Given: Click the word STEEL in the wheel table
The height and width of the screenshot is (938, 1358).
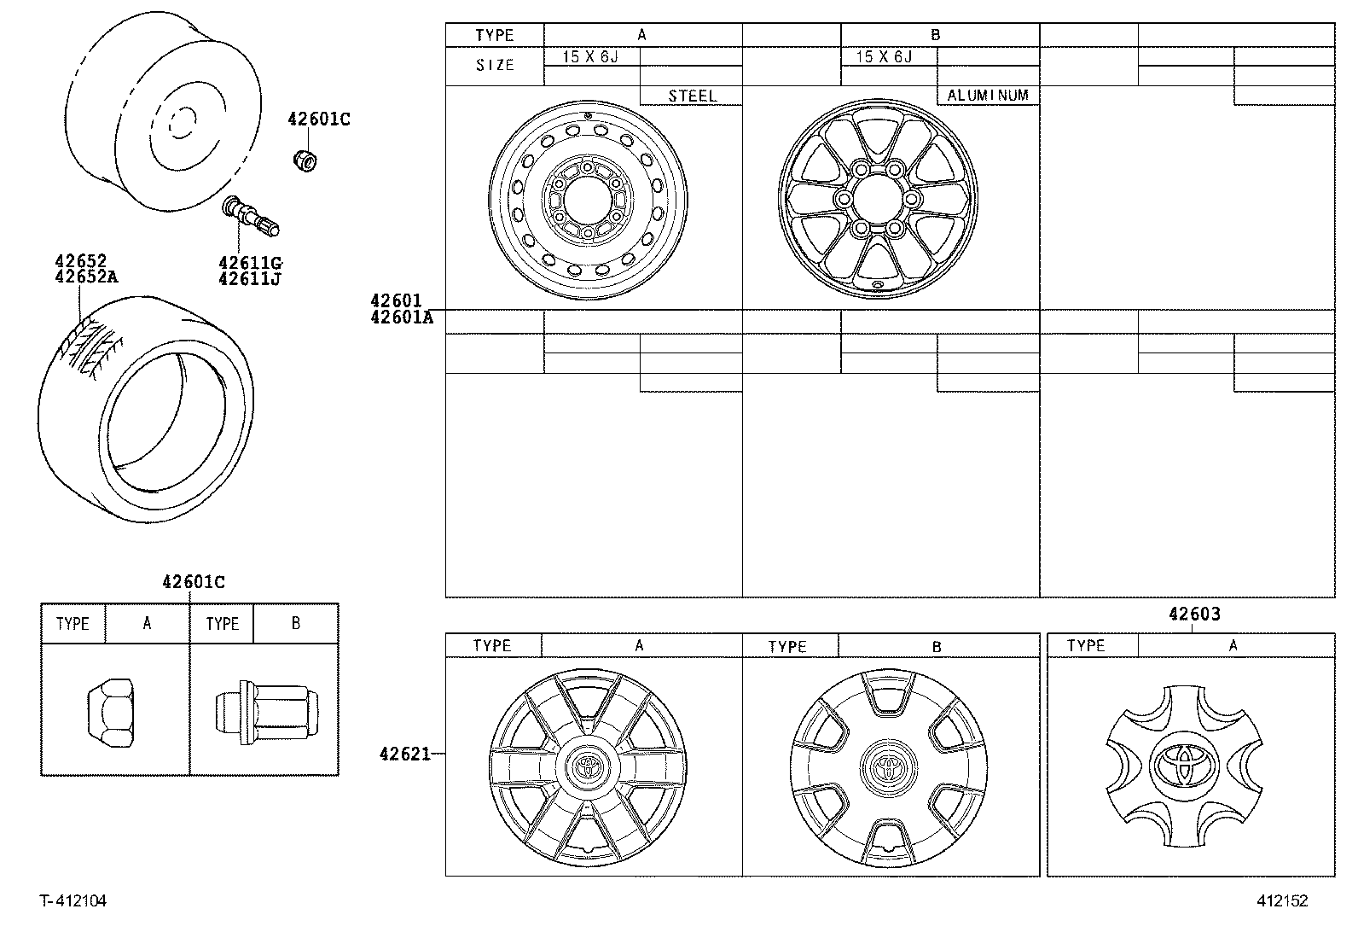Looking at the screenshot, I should (x=692, y=96).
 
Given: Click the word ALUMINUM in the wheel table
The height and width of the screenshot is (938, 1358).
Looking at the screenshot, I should (x=988, y=96).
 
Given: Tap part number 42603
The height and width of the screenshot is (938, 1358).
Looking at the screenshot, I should (x=1193, y=614).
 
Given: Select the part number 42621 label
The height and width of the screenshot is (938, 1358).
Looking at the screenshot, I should (x=404, y=754).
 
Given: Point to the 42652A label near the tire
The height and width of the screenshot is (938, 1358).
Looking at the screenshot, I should (x=87, y=277).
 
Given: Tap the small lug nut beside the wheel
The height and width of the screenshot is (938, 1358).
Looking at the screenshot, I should (x=304, y=159).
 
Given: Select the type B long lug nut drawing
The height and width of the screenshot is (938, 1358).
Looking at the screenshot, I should (x=265, y=709).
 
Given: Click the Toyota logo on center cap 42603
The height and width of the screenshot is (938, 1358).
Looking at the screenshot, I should (x=1183, y=762).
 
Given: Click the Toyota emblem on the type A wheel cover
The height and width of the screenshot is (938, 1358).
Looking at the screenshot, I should (x=588, y=764).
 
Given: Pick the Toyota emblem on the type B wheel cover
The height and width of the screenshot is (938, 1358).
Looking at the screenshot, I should (x=888, y=765).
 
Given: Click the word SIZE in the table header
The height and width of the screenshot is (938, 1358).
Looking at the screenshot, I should (x=495, y=66).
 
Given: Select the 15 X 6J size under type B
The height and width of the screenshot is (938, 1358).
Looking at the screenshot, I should (x=884, y=57).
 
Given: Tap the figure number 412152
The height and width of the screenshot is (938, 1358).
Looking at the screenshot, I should (x=1281, y=901).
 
